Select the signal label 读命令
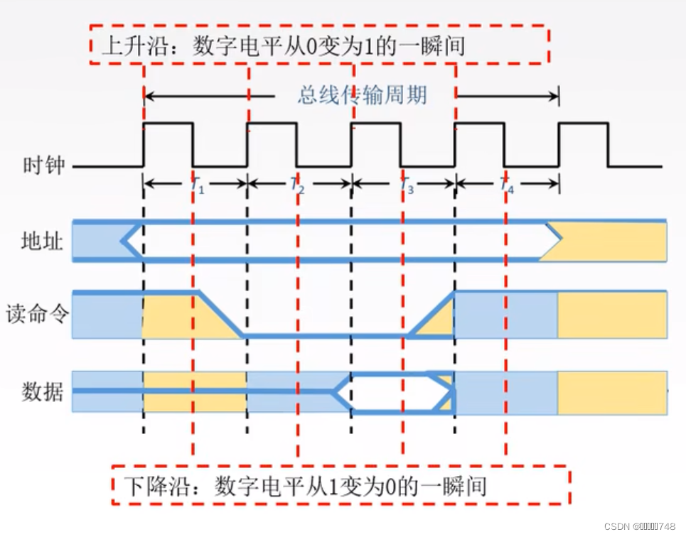tap(36, 313)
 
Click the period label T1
tap(197, 186)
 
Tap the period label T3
tap(406, 186)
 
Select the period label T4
tap(506, 186)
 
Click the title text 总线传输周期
tap(363, 94)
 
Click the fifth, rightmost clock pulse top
tap(584, 124)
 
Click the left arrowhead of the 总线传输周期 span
tap(149, 94)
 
